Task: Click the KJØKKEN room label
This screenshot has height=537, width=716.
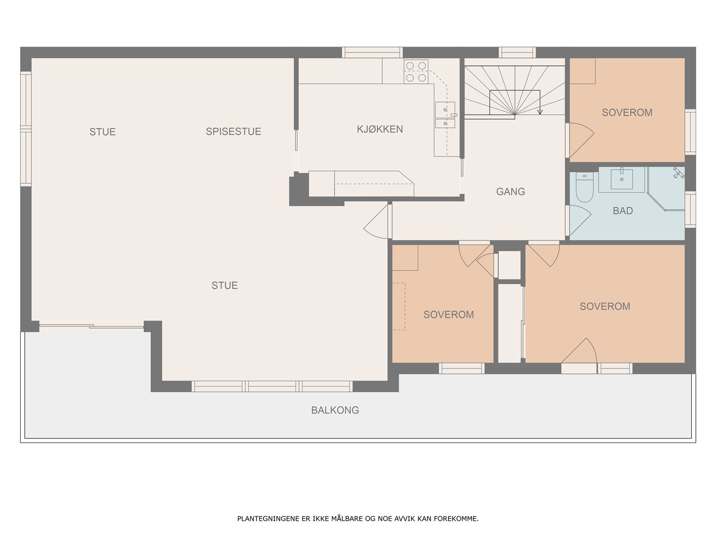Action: [379, 129]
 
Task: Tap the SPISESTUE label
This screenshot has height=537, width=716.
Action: [233, 132]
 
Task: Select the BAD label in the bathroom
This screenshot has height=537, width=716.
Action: [623, 211]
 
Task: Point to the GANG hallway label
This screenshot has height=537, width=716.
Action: [511, 192]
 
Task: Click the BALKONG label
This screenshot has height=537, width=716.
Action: [335, 410]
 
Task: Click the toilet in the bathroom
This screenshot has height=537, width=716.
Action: [584, 188]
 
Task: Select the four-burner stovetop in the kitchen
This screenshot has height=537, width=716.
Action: [416, 72]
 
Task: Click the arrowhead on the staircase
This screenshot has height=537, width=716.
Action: [540, 112]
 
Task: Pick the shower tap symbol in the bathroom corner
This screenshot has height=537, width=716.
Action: [678, 173]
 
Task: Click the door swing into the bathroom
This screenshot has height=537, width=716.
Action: [580, 221]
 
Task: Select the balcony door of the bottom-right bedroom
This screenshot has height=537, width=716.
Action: [579, 355]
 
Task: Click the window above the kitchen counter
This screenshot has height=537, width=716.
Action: [372, 52]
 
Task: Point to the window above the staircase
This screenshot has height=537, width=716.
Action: [517, 52]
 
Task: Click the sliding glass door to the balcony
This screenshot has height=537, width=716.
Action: [91, 326]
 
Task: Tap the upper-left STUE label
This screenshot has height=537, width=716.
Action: [102, 132]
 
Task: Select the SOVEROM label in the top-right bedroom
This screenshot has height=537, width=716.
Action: [627, 112]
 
